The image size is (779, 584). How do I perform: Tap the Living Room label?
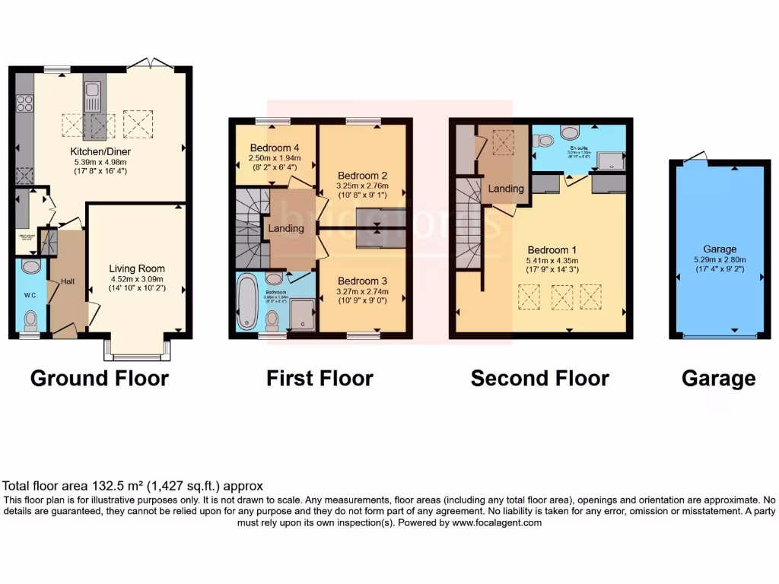(137, 268)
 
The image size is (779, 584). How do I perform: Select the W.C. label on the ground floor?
(30, 295)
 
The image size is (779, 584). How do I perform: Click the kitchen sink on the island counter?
(93, 95)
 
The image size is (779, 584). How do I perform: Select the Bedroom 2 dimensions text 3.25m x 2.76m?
(363, 186)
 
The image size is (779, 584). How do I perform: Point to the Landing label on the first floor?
(286, 228)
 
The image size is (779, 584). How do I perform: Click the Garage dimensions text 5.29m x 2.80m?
(719, 260)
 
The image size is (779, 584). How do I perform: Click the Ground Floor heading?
(99, 378)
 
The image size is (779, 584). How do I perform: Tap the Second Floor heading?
(539, 378)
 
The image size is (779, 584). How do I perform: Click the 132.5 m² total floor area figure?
(116, 486)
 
